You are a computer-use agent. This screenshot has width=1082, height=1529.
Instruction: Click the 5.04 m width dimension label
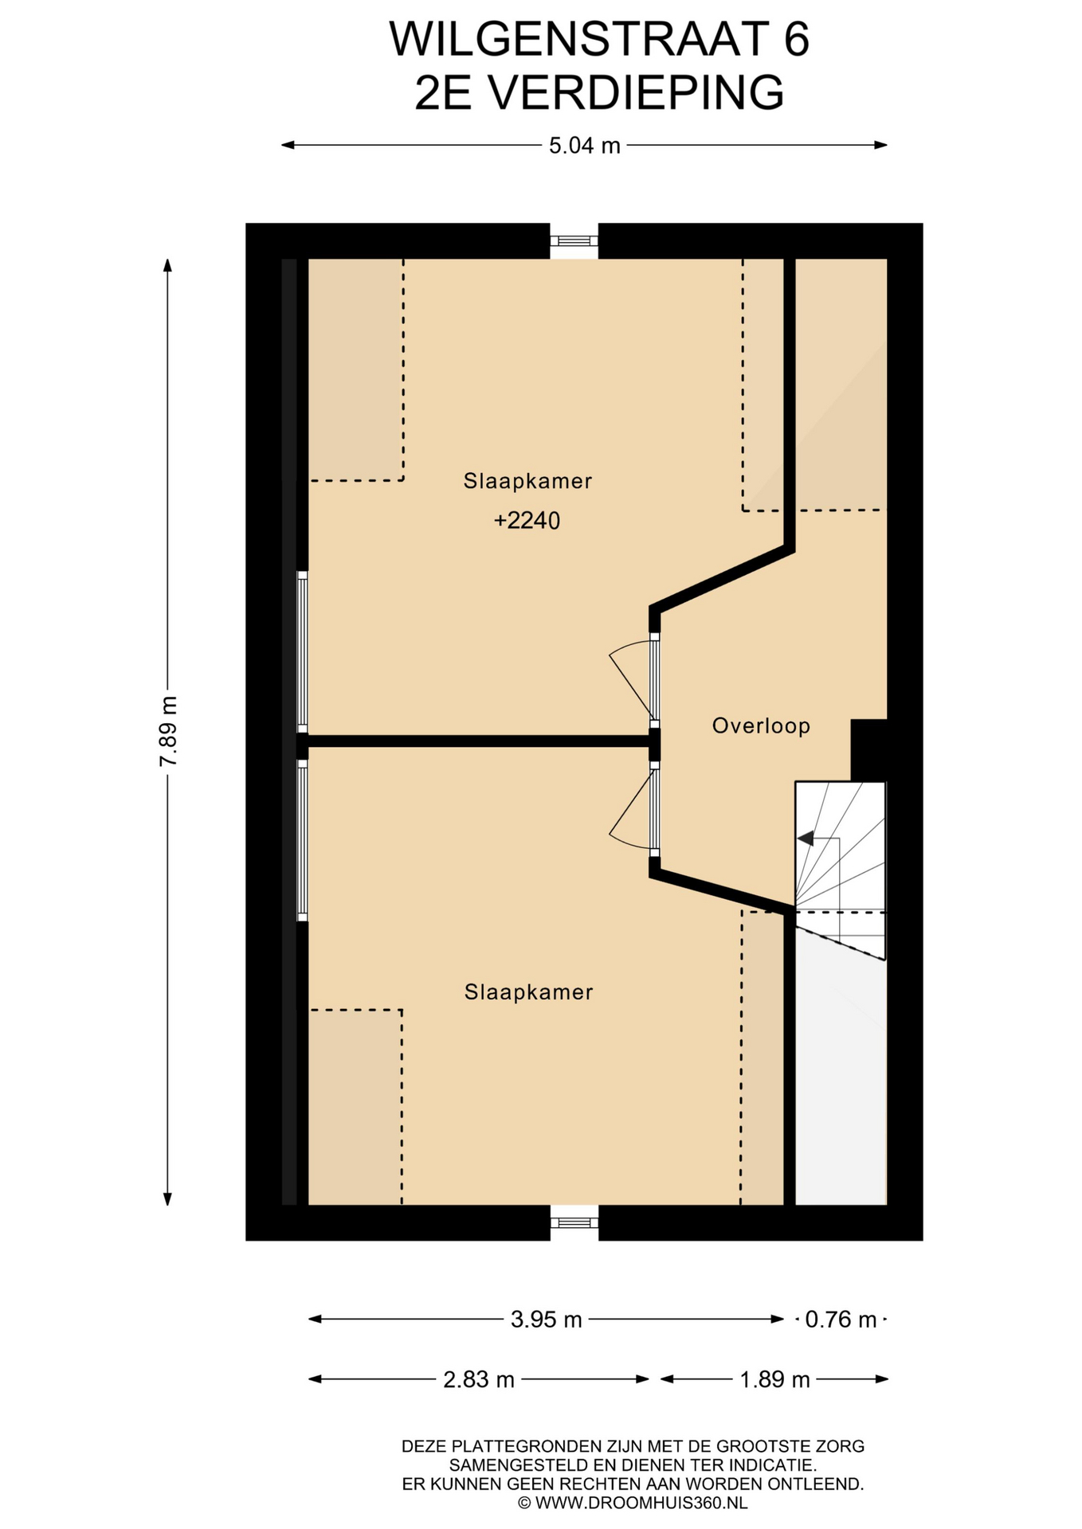click(584, 146)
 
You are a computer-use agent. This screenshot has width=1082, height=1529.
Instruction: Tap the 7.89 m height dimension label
click(168, 731)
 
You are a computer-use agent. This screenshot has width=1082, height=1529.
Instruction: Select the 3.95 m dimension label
click(546, 1320)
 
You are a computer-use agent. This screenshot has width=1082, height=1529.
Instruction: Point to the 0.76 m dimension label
click(841, 1320)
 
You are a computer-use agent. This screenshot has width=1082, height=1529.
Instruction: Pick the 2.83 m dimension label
click(478, 1379)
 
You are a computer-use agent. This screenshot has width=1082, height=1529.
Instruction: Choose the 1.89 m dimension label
click(774, 1379)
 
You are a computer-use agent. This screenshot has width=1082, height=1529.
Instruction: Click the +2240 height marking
click(527, 521)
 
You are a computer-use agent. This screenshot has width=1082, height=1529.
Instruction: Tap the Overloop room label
click(761, 725)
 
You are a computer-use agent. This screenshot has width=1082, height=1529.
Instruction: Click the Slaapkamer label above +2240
click(527, 481)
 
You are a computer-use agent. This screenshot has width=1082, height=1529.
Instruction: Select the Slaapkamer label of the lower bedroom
click(528, 992)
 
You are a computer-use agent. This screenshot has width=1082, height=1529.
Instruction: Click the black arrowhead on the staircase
click(806, 838)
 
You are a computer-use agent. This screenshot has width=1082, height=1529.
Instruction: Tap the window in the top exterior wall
click(574, 240)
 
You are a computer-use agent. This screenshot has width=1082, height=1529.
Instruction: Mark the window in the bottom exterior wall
click(574, 1222)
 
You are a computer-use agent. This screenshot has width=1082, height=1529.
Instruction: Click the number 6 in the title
click(796, 40)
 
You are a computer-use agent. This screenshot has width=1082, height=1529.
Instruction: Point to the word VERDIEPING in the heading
click(635, 92)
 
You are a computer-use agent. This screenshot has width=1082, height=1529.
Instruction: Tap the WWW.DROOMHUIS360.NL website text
click(641, 1503)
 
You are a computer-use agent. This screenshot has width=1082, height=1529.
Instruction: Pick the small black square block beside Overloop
click(868, 750)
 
